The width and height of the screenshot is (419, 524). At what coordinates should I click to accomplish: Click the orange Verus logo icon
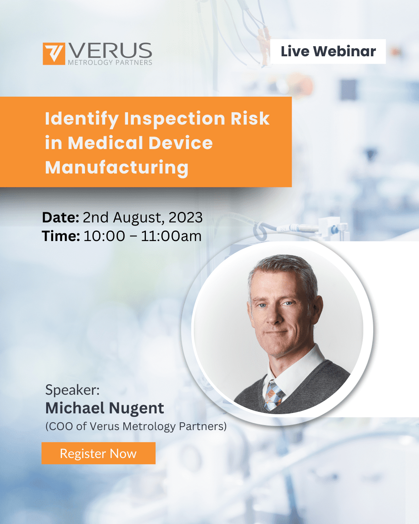(x=54, y=54)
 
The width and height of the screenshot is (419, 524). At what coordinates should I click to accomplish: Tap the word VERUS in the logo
(x=111, y=50)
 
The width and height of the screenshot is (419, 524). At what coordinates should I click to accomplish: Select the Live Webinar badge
(x=328, y=51)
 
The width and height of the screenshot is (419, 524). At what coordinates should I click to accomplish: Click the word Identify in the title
(x=82, y=119)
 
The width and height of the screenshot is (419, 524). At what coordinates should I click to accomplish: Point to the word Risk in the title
(x=250, y=118)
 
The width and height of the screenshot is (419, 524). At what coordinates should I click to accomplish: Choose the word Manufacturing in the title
(x=117, y=168)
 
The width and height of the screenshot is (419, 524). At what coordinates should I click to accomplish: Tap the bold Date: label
(x=61, y=217)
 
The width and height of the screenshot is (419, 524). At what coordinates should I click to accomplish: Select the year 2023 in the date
(x=185, y=217)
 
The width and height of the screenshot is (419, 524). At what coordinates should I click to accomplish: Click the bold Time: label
(x=61, y=236)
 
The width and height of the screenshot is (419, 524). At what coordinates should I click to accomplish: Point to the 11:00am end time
(x=171, y=236)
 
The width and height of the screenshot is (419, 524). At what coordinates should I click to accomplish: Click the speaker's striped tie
(x=274, y=396)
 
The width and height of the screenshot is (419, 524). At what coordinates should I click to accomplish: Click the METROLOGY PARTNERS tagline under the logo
(x=110, y=62)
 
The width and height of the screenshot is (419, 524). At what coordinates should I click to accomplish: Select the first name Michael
(x=75, y=408)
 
